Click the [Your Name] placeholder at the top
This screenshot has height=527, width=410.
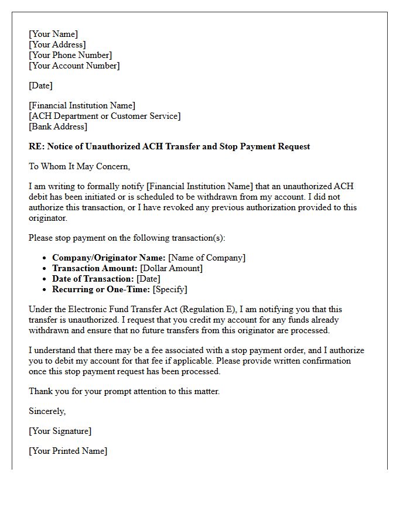coord(53,34)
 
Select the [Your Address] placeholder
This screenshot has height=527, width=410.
coord(57,45)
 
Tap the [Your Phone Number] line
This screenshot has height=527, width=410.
coord(70,55)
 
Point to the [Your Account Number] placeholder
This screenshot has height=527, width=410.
coord(74,66)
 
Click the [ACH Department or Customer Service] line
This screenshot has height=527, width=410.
coord(104,116)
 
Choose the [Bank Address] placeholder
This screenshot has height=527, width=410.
coord(58,126)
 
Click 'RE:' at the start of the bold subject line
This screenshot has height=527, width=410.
coord(36,146)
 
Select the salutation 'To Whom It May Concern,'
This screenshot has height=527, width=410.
coord(79,166)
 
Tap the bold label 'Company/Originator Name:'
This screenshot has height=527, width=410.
coord(108,258)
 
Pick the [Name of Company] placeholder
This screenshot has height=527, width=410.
coord(207,258)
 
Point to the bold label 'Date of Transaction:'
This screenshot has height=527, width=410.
coord(93,279)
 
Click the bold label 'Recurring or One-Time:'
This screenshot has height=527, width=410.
coord(101,289)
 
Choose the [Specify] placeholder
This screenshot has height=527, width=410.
coord(170,289)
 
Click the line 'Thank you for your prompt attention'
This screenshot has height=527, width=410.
coord(124,391)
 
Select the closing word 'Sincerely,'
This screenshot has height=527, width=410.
coord(47,411)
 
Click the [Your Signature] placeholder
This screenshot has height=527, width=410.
coord(60,431)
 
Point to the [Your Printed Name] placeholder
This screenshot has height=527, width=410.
coord(68,451)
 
